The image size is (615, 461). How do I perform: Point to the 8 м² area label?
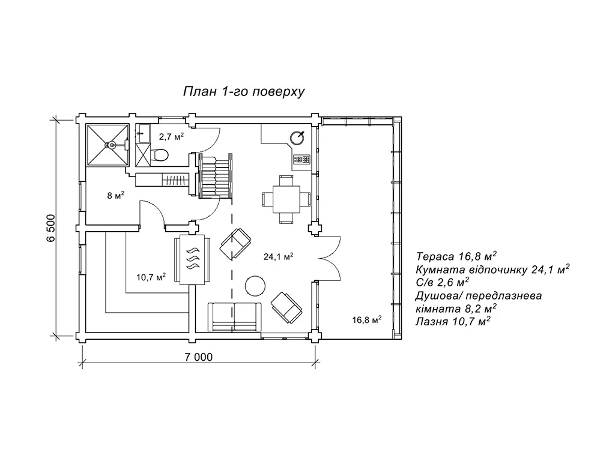115,195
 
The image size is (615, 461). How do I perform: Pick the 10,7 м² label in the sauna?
151,277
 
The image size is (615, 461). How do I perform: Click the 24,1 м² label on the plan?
278,256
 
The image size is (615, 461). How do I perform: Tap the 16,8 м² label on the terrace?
367,321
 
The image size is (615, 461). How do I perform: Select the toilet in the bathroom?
159,155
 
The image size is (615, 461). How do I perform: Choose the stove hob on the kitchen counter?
301,160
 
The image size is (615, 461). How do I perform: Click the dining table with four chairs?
286,197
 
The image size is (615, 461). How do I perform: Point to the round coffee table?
254,285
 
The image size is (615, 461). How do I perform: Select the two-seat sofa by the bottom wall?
235,315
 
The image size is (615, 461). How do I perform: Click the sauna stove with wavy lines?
193,260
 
